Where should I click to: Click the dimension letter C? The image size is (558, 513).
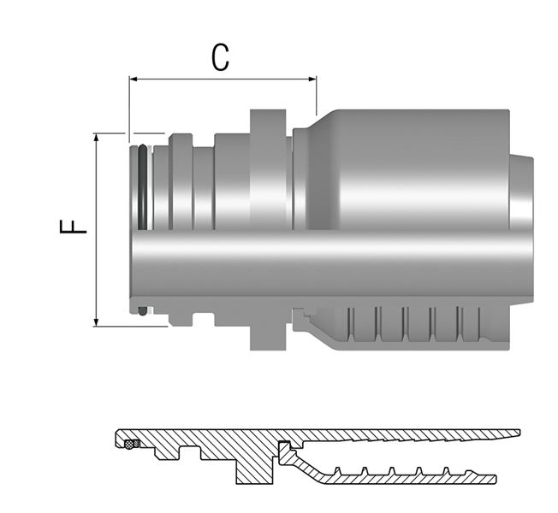point(220,57)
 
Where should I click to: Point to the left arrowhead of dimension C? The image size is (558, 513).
point(134,79)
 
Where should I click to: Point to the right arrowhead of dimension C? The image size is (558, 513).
point(312,79)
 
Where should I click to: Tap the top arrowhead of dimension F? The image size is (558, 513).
point(96,138)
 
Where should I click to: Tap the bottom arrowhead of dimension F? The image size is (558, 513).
point(96,321)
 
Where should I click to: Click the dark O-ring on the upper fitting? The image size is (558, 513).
point(142,187)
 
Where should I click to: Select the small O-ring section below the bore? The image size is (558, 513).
point(142,311)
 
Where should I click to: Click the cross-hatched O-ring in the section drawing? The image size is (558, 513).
point(131,444)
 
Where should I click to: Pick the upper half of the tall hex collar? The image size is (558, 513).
point(268,169)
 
